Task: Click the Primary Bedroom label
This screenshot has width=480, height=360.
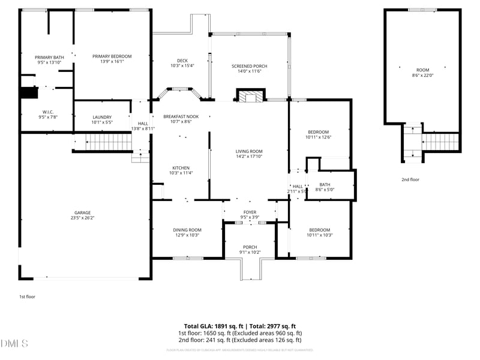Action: click(x=112, y=56)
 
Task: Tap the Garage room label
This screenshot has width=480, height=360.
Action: click(x=82, y=212)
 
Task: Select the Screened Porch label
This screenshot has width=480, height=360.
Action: click(x=250, y=66)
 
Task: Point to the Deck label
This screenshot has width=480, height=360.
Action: click(x=182, y=60)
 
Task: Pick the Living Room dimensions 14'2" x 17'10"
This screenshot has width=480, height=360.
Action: click(x=248, y=157)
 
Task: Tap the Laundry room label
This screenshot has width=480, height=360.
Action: click(x=101, y=117)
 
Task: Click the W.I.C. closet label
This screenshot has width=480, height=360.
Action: click(x=49, y=111)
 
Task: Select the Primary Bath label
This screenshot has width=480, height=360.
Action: click(x=49, y=57)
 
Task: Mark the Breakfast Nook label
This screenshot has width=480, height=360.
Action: click(x=181, y=116)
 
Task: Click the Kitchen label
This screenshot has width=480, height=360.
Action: click(x=181, y=168)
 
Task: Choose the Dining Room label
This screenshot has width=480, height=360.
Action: click(x=187, y=230)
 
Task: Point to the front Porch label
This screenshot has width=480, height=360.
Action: click(x=250, y=247)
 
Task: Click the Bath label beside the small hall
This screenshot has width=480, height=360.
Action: click(x=325, y=185)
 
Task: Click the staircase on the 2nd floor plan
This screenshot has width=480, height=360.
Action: click(x=440, y=142)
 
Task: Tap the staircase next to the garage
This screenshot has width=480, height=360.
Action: click(x=110, y=142)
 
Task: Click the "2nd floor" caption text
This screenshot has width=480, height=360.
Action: click(x=410, y=179)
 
